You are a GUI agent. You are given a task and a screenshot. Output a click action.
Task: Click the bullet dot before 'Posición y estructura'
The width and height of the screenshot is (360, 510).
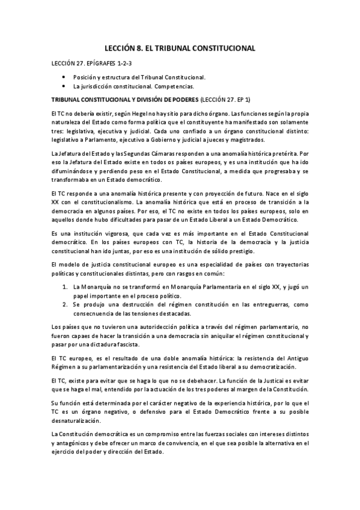pyautogui.click(x=64, y=78)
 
